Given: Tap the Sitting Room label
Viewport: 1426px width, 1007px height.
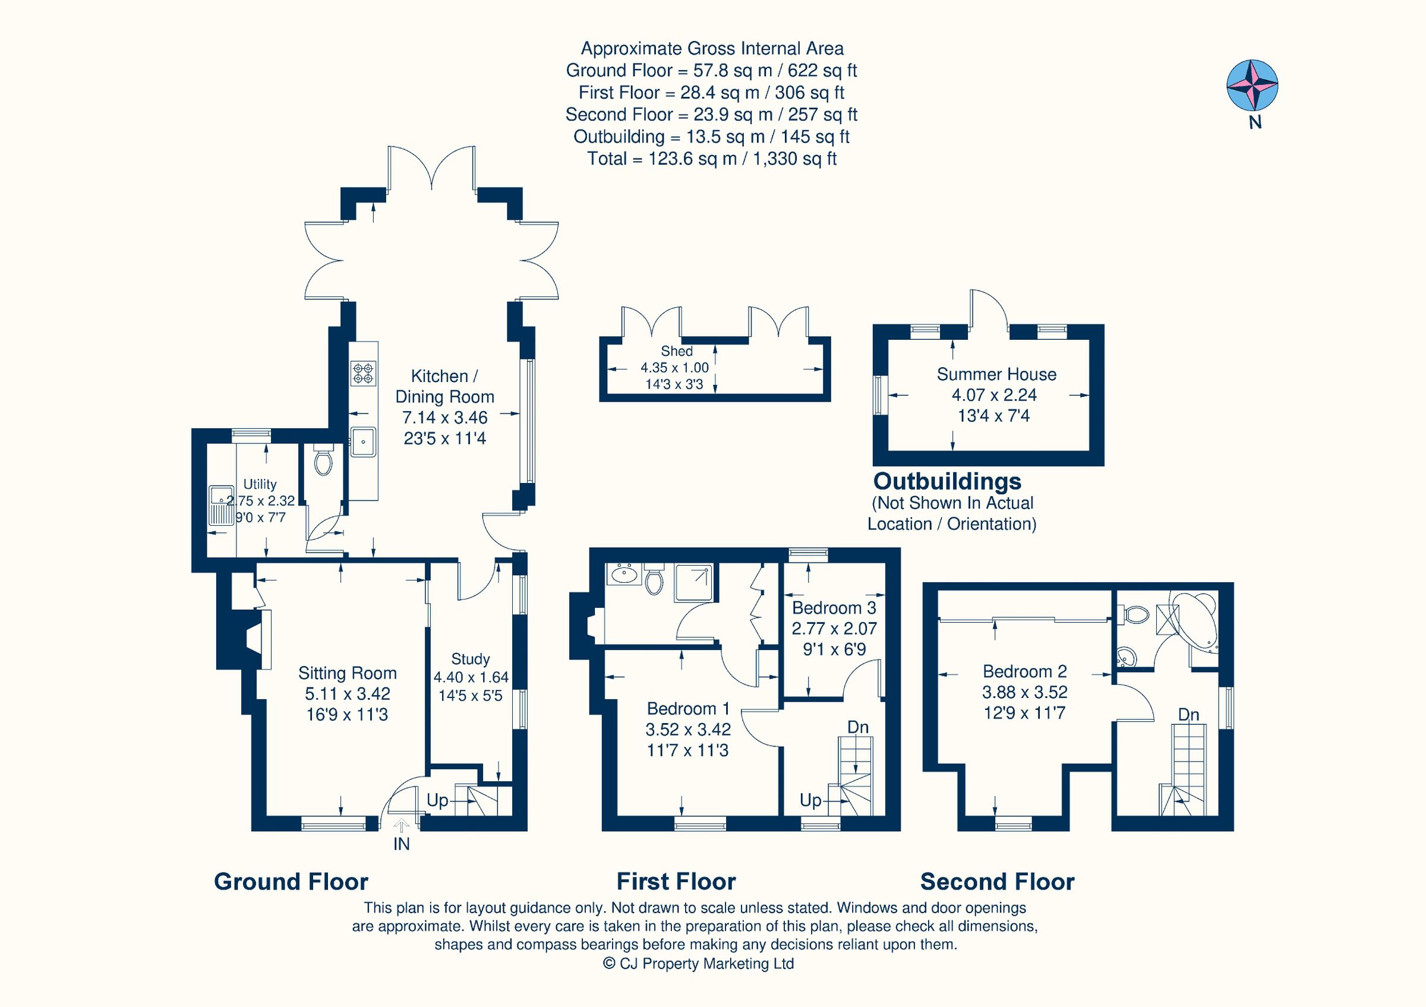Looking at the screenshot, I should point(347,673).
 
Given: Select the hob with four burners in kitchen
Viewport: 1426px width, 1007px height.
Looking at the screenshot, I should point(363,373).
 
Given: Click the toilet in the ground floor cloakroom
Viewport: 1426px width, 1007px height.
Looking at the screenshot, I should point(323,462).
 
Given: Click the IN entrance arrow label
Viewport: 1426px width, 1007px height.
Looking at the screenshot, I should point(401,844).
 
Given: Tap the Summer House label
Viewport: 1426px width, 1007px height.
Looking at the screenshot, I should point(996,374).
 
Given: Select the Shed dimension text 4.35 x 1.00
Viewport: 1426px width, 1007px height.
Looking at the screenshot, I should point(674,368).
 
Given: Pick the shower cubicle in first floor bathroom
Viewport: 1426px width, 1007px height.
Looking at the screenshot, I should point(694,582).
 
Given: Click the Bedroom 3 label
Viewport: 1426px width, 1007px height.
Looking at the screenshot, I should point(834,607).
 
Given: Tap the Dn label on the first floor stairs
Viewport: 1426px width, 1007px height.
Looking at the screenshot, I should point(858,727).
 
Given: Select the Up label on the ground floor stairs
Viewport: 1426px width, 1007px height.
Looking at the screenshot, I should point(437,800).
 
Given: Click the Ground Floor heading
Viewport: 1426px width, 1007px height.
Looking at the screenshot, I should point(291,882).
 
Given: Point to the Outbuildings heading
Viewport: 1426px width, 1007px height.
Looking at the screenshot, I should point(947,481).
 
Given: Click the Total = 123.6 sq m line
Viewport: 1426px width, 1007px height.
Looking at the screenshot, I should point(712,159).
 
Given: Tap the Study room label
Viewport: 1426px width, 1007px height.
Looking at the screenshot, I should point(470,659).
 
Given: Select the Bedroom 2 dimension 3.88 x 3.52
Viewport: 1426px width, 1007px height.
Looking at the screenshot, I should point(1025,692).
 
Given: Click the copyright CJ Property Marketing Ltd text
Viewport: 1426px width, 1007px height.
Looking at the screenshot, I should point(698,964).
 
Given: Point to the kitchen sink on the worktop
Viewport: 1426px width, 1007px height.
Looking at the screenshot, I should point(362,441).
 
